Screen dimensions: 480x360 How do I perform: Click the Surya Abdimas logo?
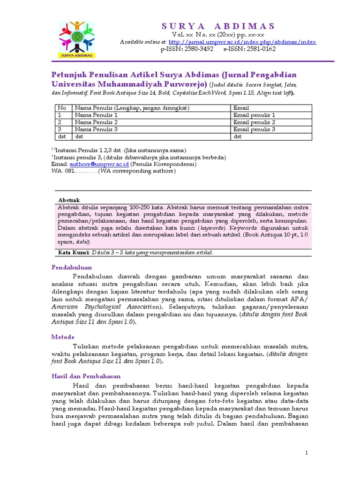[x=77, y=39]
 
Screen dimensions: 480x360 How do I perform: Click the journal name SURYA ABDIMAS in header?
[x=218, y=26]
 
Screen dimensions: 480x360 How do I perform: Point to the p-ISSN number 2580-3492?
[x=187, y=49]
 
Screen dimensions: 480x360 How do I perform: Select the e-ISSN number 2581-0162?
[x=249, y=49]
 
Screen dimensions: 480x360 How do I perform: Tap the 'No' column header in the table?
[x=62, y=108]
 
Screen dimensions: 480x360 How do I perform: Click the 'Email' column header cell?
[x=241, y=108]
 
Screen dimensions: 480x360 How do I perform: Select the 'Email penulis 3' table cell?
[x=254, y=129]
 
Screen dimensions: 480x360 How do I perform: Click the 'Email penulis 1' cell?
[x=254, y=115]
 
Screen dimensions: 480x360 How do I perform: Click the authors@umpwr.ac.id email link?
[x=99, y=165]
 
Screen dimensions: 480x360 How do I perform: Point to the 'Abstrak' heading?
[x=68, y=200]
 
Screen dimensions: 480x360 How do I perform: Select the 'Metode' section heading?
[x=62, y=337]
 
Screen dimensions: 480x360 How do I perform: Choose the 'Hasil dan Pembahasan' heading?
[x=85, y=376]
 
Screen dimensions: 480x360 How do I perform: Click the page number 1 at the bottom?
[x=306, y=452]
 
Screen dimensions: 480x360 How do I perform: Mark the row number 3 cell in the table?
[x=60, y=129]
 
